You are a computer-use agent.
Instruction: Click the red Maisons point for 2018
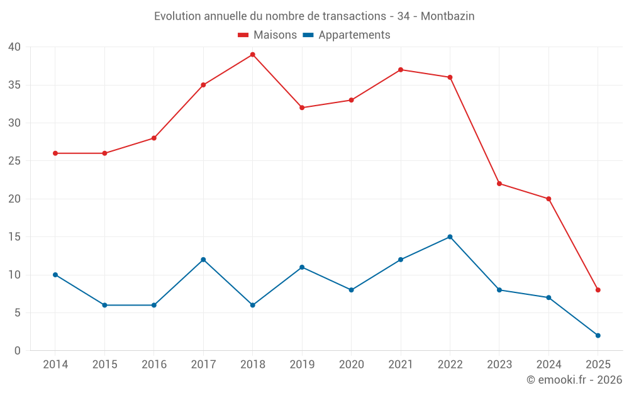(252, 55)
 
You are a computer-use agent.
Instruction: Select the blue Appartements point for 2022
(450, 237)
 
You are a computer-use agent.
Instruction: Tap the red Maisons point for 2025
(598, 290)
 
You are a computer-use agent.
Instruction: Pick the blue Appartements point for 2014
(55, 275)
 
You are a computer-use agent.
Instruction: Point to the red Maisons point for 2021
(401, 70)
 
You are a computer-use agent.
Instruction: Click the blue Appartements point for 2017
(203, 260)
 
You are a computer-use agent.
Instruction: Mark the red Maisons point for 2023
(499, 184)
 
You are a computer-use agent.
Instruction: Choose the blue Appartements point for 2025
(598, 335)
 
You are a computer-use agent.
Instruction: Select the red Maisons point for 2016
(154, 138)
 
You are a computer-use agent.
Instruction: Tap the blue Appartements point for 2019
(302, 267)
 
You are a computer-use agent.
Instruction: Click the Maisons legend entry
(267, 35)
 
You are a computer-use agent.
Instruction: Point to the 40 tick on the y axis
(14, 47)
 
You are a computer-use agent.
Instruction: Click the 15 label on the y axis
(14, 237)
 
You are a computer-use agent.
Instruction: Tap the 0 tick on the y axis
(18, 351)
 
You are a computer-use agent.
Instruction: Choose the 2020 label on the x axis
(351, 365)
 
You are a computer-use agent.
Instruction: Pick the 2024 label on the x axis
(548, 365)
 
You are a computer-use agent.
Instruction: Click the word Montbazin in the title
(447, 16)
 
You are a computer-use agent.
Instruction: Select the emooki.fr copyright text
(574, 380)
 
